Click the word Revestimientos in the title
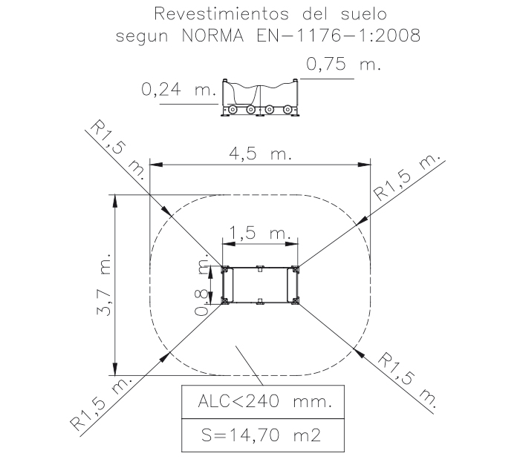[x=221, y=14]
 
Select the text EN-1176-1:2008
[x=339, y=36]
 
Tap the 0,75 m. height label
[x=343, y=65]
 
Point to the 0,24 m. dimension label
[x=179, y=89]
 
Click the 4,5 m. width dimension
[x=260, y=154]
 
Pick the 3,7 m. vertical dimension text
[x=104, y=285]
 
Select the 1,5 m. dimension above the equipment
[x=260, y=233]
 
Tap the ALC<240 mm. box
[x=263, y=402]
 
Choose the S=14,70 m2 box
[x=263, y=435]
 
